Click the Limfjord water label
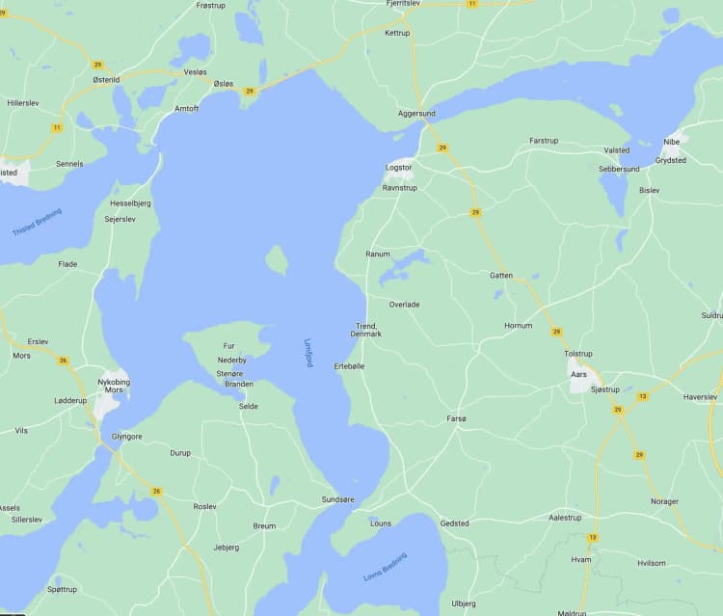click(x=308, y=352)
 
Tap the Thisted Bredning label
click(x=37, y=223)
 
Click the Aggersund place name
click(x=416, y=114)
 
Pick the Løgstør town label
click(x=398, y=167)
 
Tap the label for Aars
click(x=578, y=374)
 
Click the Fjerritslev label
click(x=401, y=4)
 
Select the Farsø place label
click(x=456, y=418)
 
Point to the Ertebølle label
click(x=349, y=367)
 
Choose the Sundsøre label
click(x=337, y=500)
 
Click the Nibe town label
click(x=671, y=142)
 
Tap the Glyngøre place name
click(x=126, y=436)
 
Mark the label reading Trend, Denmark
click(x=368, y=330)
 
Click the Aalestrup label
click(x=565, y=518)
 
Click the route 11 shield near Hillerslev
click(x=57, y=127)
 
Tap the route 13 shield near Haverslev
click(x=643, y=396)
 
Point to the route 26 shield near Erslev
click(x=64, y=361)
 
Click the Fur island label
click(x=228, y=346)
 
